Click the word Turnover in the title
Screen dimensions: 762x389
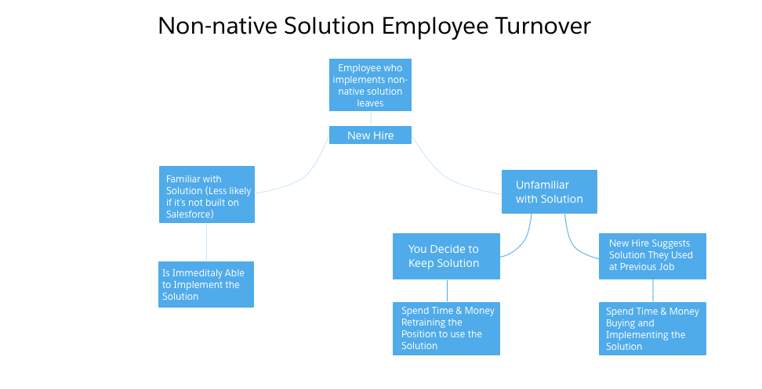tap(542, 25)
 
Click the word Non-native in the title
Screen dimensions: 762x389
tap(218, 25)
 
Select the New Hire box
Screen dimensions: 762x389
tap(370, 135)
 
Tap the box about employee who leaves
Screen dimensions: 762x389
tap(370, 85)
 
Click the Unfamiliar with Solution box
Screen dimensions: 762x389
tap(549, 192)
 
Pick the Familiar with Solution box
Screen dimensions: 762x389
tap(207, 194)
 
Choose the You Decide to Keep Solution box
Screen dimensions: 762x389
tap(446, 256)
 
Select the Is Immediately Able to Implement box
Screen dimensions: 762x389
tap(206, 284)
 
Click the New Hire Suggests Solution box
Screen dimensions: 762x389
tap(652, 256)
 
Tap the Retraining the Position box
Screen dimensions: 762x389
tap(446, 329)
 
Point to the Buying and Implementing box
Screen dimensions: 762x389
tap(652, 329)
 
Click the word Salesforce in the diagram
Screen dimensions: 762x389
tap(190, 214)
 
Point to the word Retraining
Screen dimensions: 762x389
tap(431, 322)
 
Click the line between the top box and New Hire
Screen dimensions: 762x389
tap(371, 119)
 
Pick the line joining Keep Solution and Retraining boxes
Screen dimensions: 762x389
tap(447, 291)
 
